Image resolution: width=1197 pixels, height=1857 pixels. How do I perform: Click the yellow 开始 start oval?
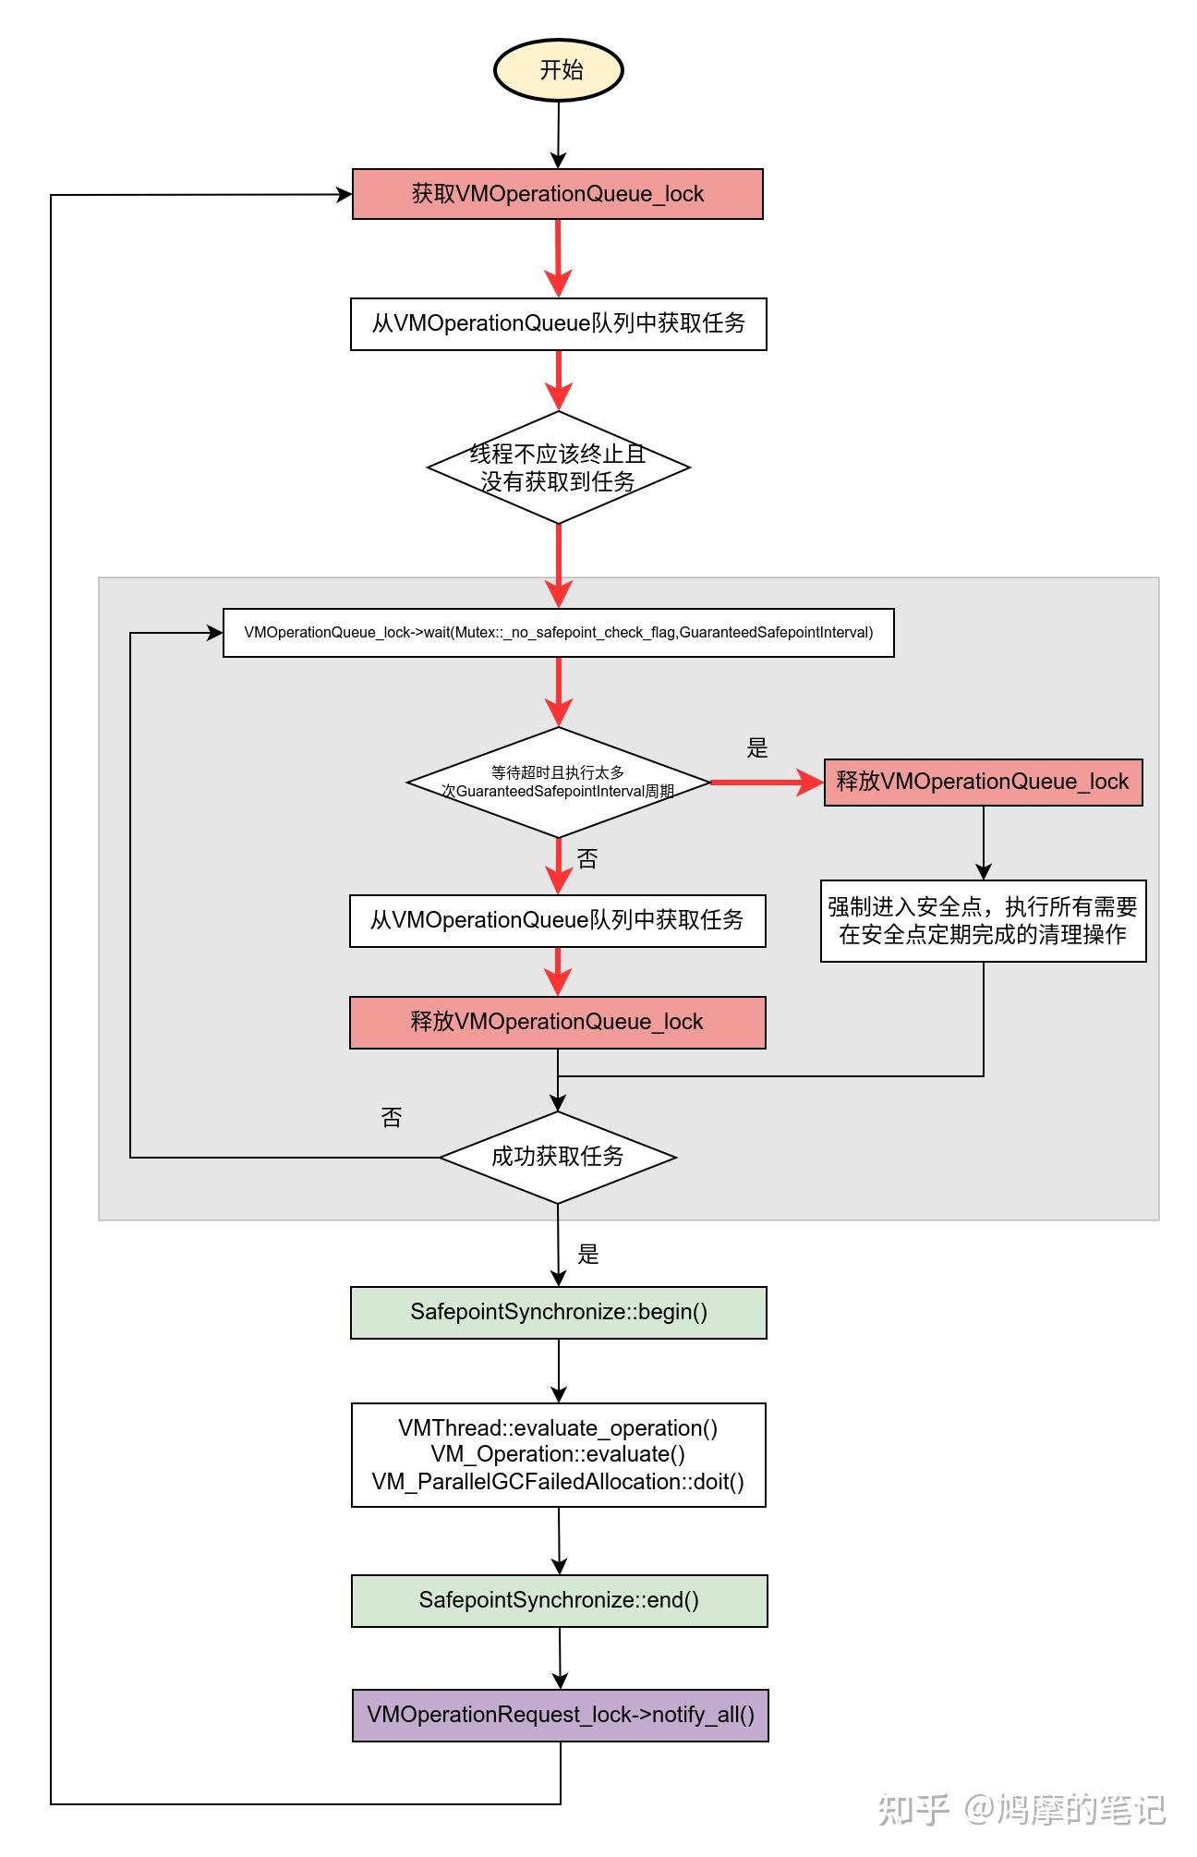pos(559,70)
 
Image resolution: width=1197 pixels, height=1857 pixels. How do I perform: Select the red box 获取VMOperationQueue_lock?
pos(558,194)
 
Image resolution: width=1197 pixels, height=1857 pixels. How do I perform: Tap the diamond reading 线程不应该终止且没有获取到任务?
pos(559,467)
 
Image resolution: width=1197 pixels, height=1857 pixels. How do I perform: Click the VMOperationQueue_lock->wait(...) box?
pos(559,633)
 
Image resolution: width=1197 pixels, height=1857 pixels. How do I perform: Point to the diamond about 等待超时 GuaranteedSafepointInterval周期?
pos(559,783)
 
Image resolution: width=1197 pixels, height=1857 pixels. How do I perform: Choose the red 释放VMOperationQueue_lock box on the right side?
pos(984,783)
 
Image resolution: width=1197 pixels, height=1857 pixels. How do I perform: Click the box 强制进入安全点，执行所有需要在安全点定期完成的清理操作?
pos(984,921)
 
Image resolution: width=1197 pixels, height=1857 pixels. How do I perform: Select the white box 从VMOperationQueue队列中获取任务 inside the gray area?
pos(558,920)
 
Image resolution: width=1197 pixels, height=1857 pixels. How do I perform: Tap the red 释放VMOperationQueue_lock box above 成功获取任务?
pos(558,1023)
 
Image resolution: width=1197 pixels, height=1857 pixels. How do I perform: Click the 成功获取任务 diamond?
pos(559,1157)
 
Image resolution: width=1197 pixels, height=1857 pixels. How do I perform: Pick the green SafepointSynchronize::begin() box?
pos(559,1313)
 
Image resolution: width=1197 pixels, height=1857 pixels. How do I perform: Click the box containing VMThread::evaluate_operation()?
pos(559,1455)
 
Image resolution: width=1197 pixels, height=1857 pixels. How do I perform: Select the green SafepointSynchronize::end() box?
pos(560,1601)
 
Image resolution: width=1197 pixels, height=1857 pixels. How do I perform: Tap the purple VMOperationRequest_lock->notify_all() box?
pos(561,1716)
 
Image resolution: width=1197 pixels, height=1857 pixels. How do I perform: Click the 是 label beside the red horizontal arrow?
pos(757,748)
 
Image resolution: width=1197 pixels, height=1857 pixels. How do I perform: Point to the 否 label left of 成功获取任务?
pos(392,1118)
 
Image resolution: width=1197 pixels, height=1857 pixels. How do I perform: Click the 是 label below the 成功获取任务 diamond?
pos(588,1255)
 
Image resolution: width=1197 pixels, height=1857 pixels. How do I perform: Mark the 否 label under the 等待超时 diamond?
pos(587,859)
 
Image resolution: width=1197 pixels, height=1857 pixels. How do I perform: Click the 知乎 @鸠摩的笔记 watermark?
pos(1022,1809)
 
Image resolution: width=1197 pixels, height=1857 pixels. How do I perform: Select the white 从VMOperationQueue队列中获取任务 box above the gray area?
pos(559,324)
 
